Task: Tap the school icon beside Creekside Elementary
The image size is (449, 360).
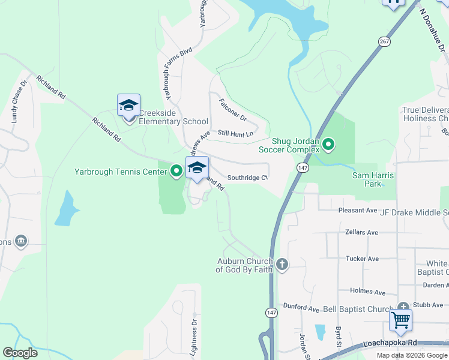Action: click(x=128, y=105)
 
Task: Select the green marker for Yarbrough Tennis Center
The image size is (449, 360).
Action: click(x=176, y=172)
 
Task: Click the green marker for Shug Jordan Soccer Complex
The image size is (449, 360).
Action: click(x=328, y=144)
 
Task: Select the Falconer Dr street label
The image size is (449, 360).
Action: click(x=233, y=109)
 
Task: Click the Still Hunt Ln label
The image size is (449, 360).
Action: click(x=235, y=133)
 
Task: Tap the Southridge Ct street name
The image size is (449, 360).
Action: click(x=247, y=178)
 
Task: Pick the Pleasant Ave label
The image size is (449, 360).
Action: click(x=357, y=211)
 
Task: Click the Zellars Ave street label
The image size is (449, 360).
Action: click(x=362, y=232)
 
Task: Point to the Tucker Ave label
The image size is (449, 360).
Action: click(x=362, y=259)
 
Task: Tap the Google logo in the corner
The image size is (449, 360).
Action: click(x=20, y=352)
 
